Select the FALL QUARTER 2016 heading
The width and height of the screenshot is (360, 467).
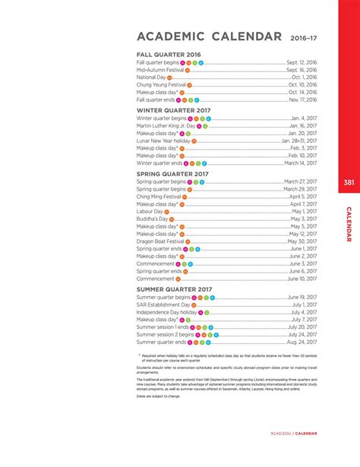[x=169, y=55]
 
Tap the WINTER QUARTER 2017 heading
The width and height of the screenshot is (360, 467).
[x=172, y=110]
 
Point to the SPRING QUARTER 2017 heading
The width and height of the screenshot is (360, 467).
[x=172, y=173]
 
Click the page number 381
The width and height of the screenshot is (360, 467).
[x=348, y=182]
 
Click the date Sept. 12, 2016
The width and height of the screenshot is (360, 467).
[x=302, y=62]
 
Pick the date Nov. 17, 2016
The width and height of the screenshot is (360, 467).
[x=302, y=99]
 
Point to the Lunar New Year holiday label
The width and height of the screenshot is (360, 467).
[x=163, y=141]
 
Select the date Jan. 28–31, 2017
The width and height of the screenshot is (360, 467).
[x=298, y=141]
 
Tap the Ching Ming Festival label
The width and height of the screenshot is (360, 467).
[x=159, y=197]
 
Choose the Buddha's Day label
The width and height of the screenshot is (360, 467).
[x=152, y=219]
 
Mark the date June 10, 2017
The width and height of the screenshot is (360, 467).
[x=302, y=279]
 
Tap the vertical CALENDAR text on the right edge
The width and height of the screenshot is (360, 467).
[x=349, y=225]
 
